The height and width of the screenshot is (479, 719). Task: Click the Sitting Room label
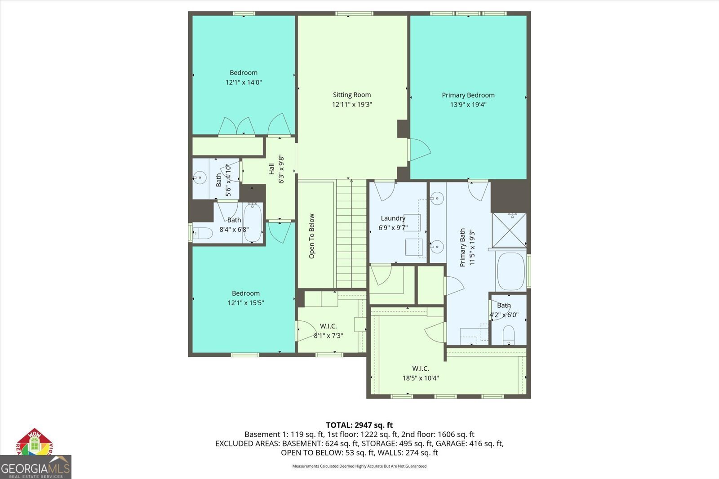(352, 95)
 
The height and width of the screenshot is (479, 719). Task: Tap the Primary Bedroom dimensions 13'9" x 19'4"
(468, 105)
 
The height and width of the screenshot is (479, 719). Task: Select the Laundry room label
(393, 218)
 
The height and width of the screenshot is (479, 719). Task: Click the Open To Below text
(312, 236)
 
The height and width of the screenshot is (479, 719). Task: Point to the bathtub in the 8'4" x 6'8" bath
(253, 223)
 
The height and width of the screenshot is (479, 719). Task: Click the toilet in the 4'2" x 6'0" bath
(508, 335)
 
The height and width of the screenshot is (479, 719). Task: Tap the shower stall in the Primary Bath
(509, 230)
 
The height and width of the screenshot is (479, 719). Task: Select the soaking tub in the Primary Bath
(510, 271)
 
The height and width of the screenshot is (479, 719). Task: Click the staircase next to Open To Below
(351, 234)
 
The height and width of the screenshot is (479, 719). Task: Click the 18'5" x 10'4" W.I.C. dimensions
(421, 378)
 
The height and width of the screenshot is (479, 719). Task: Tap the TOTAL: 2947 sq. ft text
(359, 425)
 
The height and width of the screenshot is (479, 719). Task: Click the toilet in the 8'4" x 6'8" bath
(203, 234)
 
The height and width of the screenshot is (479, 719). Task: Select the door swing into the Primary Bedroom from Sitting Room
(419, 150)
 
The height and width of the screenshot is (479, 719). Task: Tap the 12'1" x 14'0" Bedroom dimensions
(244, 83)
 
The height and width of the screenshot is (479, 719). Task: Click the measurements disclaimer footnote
(359, 466)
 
